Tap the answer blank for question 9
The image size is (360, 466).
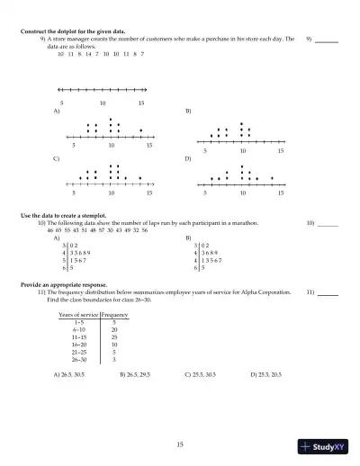tap(327, 41)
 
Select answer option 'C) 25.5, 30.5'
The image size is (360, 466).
tap(202, 373)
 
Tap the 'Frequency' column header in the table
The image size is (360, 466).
tap(115, 315)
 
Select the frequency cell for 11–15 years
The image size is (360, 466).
tap(114, 337)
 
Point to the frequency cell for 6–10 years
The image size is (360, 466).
tap(114, 330)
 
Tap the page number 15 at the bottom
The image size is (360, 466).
tap(180, 444)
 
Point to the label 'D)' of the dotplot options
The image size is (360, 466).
tap(188, 157)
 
